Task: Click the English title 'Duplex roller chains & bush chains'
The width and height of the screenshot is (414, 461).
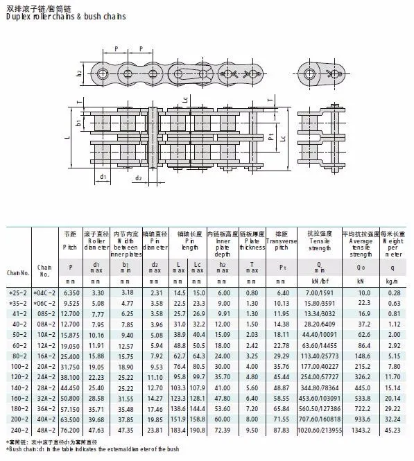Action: pyautogui.click(x=66, y=16)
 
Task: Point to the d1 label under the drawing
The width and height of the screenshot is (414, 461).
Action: pyautogui.click(x=102, y=177)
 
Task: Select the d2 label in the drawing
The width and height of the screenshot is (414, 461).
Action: pyautogui.click(x=139, y=178)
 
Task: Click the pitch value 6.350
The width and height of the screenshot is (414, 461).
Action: pyautogui.click(x=70, y=293)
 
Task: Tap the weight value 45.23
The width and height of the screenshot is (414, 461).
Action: pyautogui.click(x=394, y=430)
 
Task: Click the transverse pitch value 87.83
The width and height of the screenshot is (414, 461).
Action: pyautogui.click(x=281, y=430)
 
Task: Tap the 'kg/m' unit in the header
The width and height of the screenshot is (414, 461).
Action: pyautogui.click(x=393, y=281)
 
